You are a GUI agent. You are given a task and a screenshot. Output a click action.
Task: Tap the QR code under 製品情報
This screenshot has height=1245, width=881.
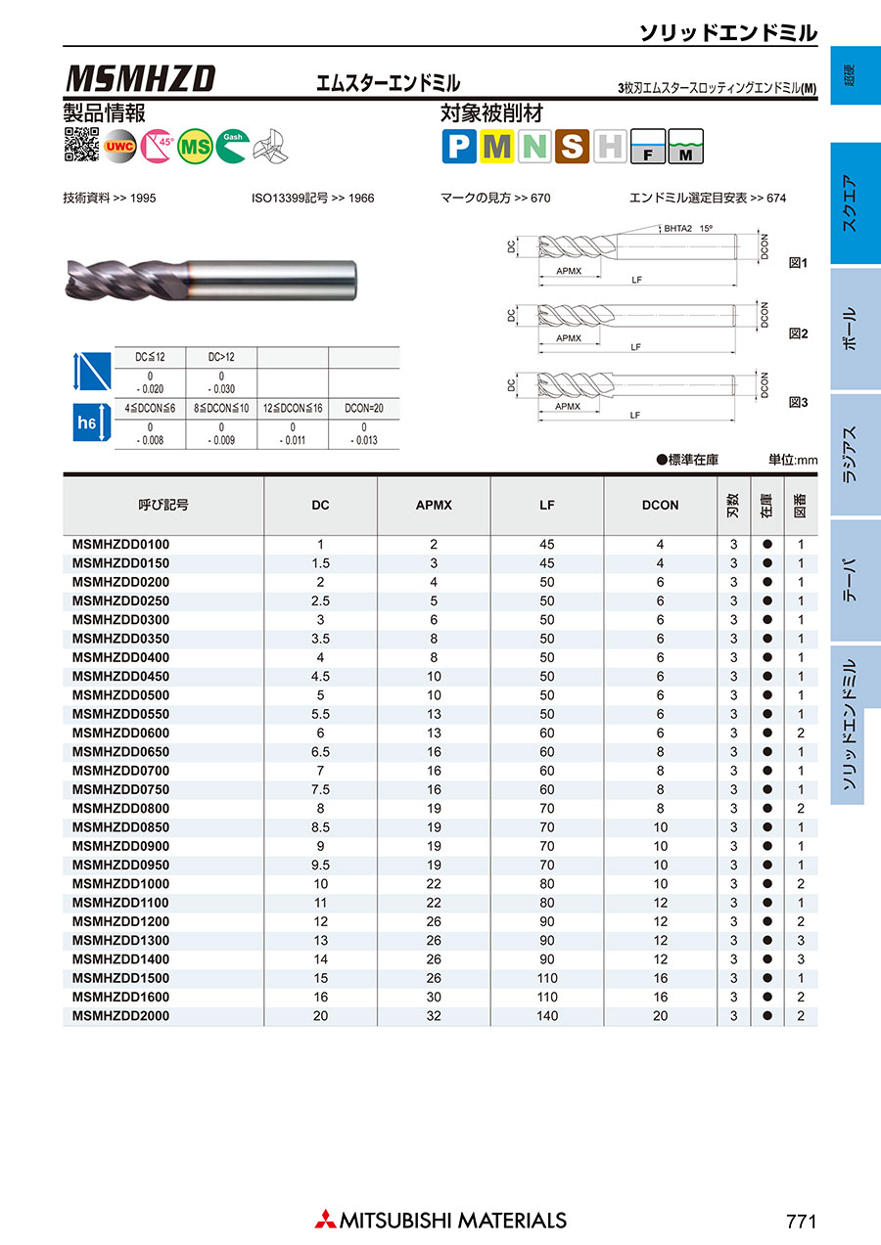coord(81,145)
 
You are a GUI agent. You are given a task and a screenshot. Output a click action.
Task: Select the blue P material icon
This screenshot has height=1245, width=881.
coord(458,147)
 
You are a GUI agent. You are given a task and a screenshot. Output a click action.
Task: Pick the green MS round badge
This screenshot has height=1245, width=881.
coord(196,146)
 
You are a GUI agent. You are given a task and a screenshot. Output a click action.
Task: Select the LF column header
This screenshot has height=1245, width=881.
coord(546,505)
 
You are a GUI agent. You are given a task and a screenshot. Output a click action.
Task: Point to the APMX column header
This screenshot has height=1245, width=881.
coord(434,505)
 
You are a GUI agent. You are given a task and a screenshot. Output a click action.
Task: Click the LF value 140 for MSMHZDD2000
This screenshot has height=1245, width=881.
coord(546,1016)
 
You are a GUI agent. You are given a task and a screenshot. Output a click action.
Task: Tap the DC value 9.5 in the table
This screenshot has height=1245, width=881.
coord(320,865)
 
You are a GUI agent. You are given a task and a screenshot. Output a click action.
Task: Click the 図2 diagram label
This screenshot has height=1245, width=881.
coord(798,333)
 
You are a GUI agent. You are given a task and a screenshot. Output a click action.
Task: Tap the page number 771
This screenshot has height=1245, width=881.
coord(800,1221)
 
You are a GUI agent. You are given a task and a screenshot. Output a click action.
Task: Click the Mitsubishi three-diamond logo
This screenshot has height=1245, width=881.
coord(324,1220)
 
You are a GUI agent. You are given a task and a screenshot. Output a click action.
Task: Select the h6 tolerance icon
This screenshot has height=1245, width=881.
coord(87,423)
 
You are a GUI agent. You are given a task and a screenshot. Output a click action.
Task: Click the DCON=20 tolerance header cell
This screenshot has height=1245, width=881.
coord(363,406)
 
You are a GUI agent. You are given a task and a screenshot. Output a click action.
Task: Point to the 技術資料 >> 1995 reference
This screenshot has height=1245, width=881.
coord(109,198)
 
